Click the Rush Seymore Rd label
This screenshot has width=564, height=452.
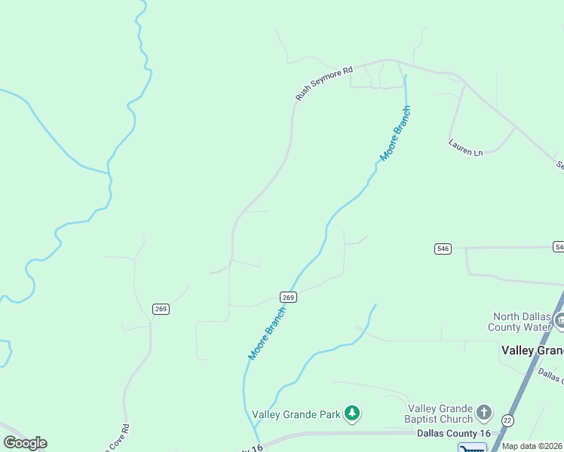pyautogui.click(x=324, y=84)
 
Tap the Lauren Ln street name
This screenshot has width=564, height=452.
pyautogui.click(x=464, y=148)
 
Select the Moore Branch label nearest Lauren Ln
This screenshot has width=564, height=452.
pyautogui.click(x=396, y=134)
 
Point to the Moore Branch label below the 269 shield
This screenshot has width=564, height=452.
pyautogui.click(x=268, y=332)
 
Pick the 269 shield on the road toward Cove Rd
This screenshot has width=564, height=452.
pyautogui.click(x=161, y=309)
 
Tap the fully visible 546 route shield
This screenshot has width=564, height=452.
pyautogui.click(x=443, y=249)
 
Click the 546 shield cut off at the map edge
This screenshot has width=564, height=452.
pyautogui.click(x=559, y=247)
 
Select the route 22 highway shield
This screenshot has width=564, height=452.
pyautogui.click(x=507, y=420)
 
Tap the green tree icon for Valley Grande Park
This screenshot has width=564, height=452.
pyautogui.click(x=351, y=413)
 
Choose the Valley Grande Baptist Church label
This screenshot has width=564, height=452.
pyautogui.click(x=440, y=413)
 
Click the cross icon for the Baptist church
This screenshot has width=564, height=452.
pyautogui.click(x=484, y=413)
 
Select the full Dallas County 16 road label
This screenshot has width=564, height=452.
pyautogui.click(x=453, y=434)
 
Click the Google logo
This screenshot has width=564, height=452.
pyautogui.click(x=25, y=443)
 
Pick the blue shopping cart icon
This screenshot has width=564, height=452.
pyautogui.click(x=472, y=448)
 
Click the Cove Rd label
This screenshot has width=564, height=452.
pyautogui.click(x=118, y=439)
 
